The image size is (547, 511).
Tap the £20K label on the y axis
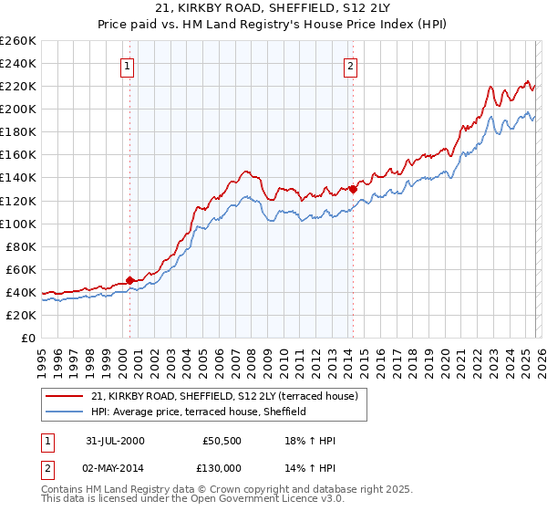point(20,315)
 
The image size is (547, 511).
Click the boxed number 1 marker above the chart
point(127,65)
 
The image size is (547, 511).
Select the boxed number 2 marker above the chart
point(350,65)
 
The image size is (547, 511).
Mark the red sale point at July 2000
point(130,280)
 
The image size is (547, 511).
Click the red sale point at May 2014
point(353,189)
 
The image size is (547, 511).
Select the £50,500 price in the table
point(222,441)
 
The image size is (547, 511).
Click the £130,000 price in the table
point(222,468)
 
